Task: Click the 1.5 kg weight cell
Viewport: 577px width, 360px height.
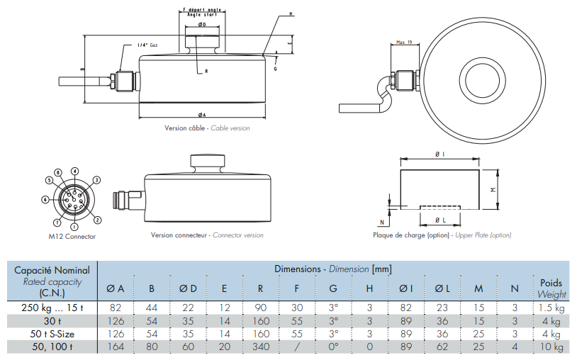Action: click(551, 308)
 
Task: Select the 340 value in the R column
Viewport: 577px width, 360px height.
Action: click(261, 347)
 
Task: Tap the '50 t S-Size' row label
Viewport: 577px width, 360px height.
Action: click(51, 334)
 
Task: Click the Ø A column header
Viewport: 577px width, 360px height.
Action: click(116, 288)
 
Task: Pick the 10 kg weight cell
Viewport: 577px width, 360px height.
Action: click(551, 347)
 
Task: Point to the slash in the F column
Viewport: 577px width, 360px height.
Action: click(297, 347)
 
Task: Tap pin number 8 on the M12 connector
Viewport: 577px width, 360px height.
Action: click(57, 172)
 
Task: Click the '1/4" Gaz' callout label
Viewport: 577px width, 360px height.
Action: click(147, 45)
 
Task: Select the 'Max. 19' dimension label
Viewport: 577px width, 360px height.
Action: click(405, 43)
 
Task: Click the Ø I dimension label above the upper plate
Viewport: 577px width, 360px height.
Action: click(439, 154)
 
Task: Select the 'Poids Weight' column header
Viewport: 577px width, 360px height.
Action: click(551, 288)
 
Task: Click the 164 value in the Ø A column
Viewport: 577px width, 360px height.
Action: click(116, 347)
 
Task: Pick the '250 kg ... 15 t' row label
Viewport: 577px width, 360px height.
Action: click(51, 308)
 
